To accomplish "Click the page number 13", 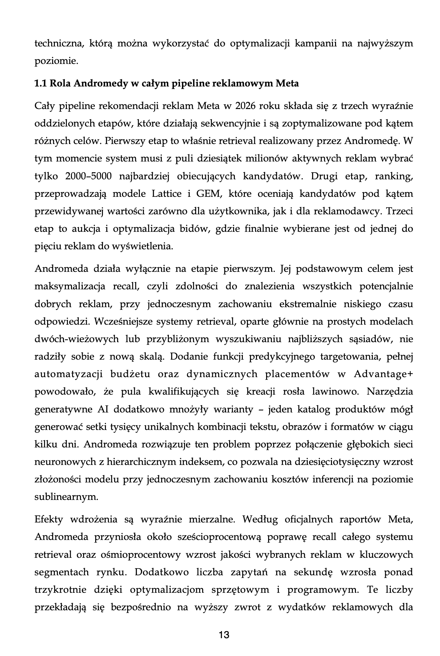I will pyautogui.click(x=224, y=635).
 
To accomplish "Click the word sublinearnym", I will pyautogui.click(x=66, y=497).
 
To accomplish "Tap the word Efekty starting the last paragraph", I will pyautogui.click(x=49, y=519).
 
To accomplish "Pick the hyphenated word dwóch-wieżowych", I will pyautogui.click(x=77, y=339).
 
